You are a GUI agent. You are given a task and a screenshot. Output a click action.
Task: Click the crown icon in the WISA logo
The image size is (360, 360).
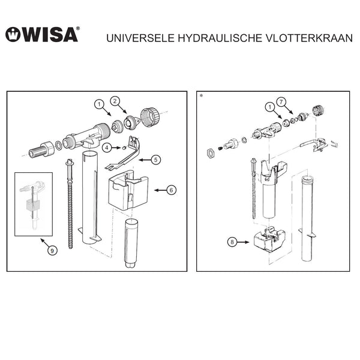pos(13,35)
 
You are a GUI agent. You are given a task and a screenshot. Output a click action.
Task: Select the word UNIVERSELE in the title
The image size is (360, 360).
pos(138,37)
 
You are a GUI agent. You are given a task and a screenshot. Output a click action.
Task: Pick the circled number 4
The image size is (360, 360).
pos(106,146)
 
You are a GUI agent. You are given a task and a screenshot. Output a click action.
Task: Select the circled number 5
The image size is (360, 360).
pos(156,160)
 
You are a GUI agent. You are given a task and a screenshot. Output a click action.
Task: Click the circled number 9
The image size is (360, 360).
pos(52,251)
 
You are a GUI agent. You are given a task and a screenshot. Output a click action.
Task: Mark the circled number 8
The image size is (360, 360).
pos(232,243)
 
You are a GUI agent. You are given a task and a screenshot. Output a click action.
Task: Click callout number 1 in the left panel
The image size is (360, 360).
pos(98,104)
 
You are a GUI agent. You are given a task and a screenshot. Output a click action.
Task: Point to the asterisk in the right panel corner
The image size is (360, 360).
pos(200,96)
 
